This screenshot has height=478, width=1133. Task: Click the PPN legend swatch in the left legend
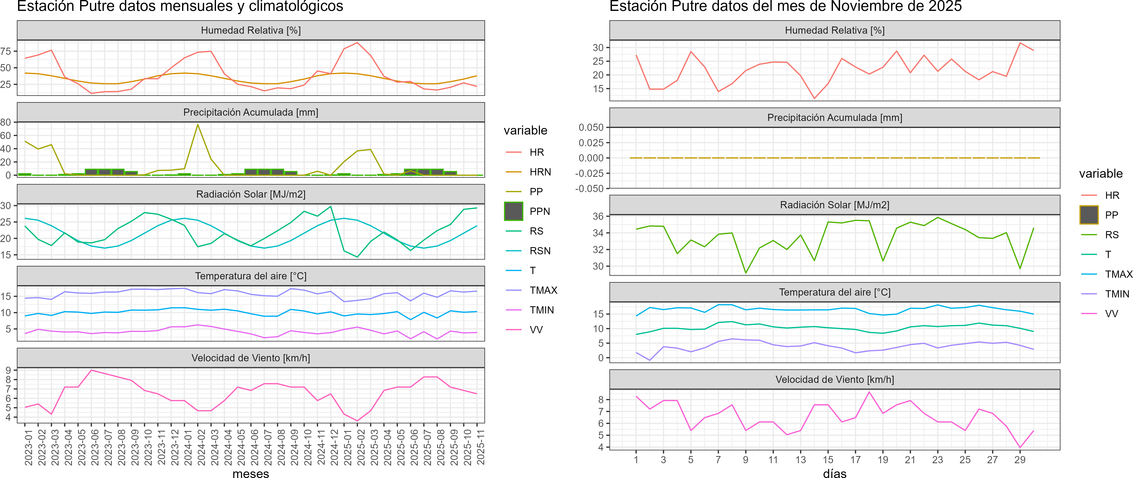coord(513,211)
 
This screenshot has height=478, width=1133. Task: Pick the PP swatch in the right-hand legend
coord(1089,215)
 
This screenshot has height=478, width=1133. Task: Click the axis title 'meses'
coord(251,473)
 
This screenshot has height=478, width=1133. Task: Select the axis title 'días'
coord(834,473)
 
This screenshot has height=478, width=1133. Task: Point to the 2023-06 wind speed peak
coord(91,370)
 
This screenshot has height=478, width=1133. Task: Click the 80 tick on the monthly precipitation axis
coord(6,122)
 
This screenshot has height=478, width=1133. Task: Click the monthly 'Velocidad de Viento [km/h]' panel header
coord(251,358)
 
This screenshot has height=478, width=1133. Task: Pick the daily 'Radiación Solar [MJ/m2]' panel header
coord(834,205)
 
